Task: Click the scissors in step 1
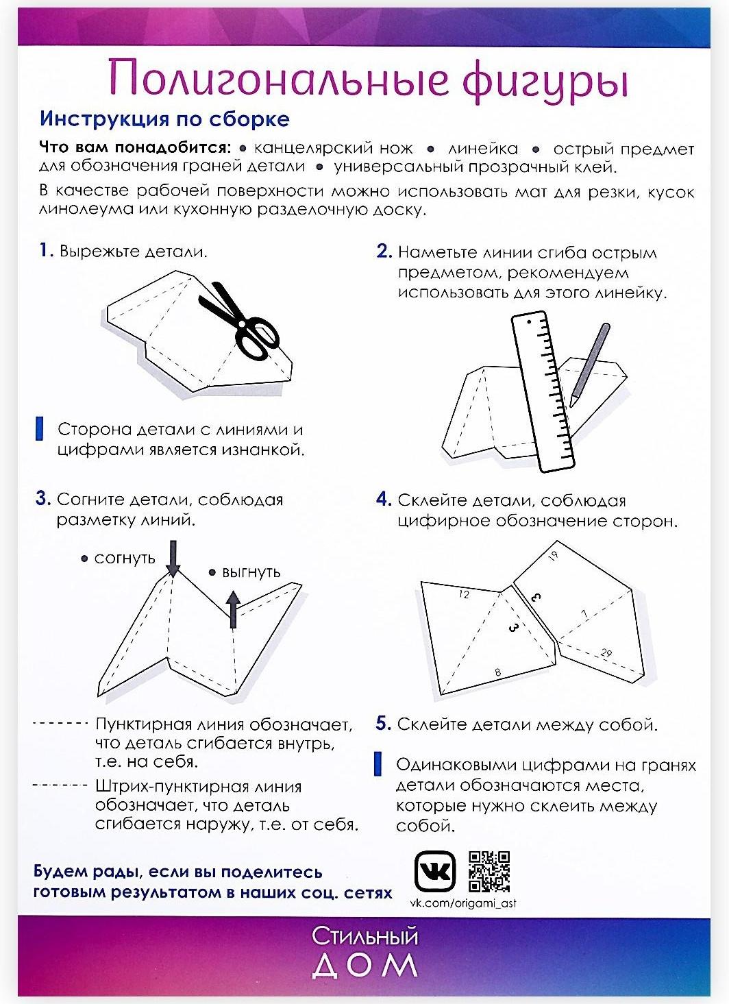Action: [243, 322]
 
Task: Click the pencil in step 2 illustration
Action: [590, 363]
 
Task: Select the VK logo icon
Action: [435, 872]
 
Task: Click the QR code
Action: [489, 871]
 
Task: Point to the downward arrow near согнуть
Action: [173, 558]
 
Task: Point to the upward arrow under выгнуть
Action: [233, 610]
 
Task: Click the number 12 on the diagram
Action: [464, 594]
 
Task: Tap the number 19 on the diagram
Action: [554, 555]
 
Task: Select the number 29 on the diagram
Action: [606, 653]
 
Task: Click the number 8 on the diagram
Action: [498, 673]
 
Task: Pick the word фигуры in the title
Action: [545, 80]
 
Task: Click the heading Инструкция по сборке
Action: [164, 119]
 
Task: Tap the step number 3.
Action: [43, 499]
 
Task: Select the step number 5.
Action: [383, 724]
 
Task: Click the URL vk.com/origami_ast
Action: [463, 903]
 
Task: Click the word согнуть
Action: [125, 559]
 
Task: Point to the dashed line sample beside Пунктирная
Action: [60, 723]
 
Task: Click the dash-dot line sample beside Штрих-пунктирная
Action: [60, 785]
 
